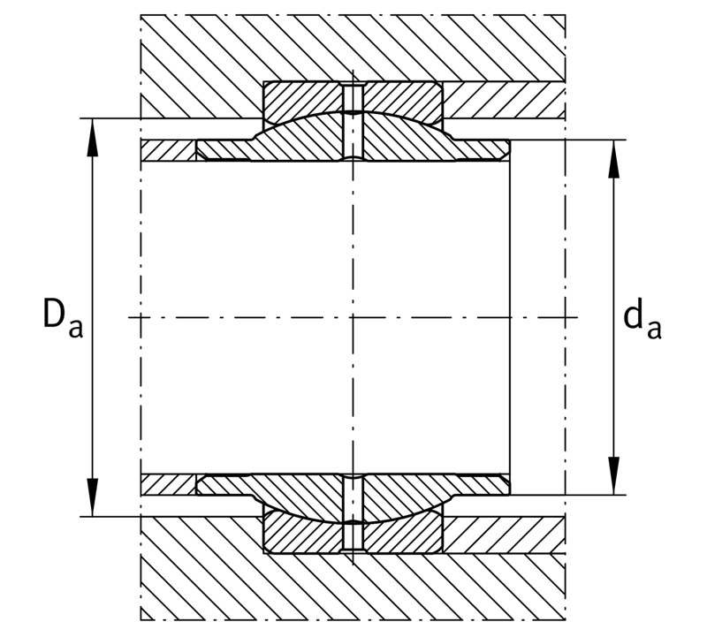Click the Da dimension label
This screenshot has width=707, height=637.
[63, 318]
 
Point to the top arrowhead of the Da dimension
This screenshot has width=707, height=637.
[93, 137]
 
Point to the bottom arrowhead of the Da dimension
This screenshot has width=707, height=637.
[93, 497]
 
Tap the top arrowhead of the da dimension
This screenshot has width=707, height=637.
[613, 159]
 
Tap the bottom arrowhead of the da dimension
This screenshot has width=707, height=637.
[613, 475]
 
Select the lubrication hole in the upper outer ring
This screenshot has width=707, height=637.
[353, 97]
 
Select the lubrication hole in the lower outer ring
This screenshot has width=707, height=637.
[353, 537]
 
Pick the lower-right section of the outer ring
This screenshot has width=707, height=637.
[404, 535]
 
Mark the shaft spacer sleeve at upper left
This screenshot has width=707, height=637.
[169, 150]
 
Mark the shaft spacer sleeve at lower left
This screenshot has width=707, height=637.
[169, 485]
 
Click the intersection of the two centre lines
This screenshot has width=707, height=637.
[353, 317]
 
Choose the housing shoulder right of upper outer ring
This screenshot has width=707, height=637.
[504, 100]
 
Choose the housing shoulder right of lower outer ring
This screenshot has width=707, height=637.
[504, 535]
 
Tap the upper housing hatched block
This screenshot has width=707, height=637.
[353, 49]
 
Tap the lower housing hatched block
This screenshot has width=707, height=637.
[353, 586]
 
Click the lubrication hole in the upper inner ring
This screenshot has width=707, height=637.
[353, 135]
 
